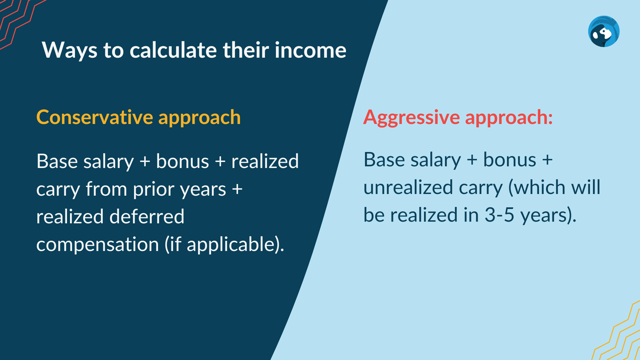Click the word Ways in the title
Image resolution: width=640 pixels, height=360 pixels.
pos(70,50)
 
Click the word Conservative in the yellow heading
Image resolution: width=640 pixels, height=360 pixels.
pos(95,117)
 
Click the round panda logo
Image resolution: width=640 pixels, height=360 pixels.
pos(604,31)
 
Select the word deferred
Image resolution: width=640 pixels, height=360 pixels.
pos(147,216)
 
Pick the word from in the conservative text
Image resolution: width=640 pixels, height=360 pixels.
pos(106,189)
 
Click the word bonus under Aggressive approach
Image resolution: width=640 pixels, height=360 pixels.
pos(510,160)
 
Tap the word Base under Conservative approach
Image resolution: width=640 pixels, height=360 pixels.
pos(57,161)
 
